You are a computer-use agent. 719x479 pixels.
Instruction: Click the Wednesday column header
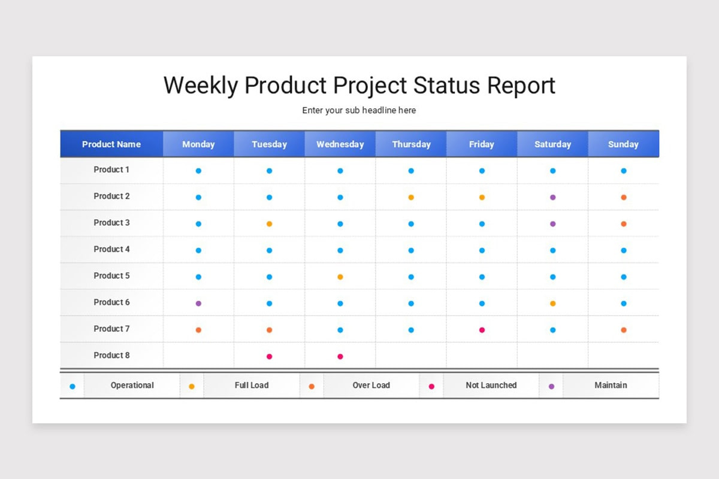pos(340,144)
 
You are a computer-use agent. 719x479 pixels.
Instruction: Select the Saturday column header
pos(552,144)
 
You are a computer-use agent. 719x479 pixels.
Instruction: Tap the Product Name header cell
pos(111,144)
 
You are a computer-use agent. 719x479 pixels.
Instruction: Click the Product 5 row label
pos(111,276)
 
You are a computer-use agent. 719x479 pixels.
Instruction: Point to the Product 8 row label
pos(111,356)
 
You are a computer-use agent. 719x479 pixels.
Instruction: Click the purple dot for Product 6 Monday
pos(198,304)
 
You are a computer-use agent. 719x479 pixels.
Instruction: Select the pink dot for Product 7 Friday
pos(482,330)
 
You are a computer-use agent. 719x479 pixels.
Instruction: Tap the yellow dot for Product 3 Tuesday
pos(269,224)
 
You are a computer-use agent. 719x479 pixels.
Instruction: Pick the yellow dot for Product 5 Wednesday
pos(340,277)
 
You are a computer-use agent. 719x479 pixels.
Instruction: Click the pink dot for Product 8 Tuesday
pos(269,356)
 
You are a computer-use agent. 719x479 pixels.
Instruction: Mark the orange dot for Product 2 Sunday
pos(623,198)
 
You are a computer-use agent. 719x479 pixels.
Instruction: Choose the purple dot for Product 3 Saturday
pos(552,224)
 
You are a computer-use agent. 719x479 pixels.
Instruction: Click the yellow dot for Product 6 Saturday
pos(552,304)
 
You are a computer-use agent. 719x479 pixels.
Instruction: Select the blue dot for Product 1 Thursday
pos(411,171)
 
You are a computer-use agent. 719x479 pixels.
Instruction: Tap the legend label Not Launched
pos(491,386)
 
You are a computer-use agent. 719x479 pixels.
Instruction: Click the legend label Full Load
pos(252,386)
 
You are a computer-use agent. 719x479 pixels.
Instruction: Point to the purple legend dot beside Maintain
pos(551,387)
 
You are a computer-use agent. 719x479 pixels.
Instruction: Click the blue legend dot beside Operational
pos(72,387)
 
